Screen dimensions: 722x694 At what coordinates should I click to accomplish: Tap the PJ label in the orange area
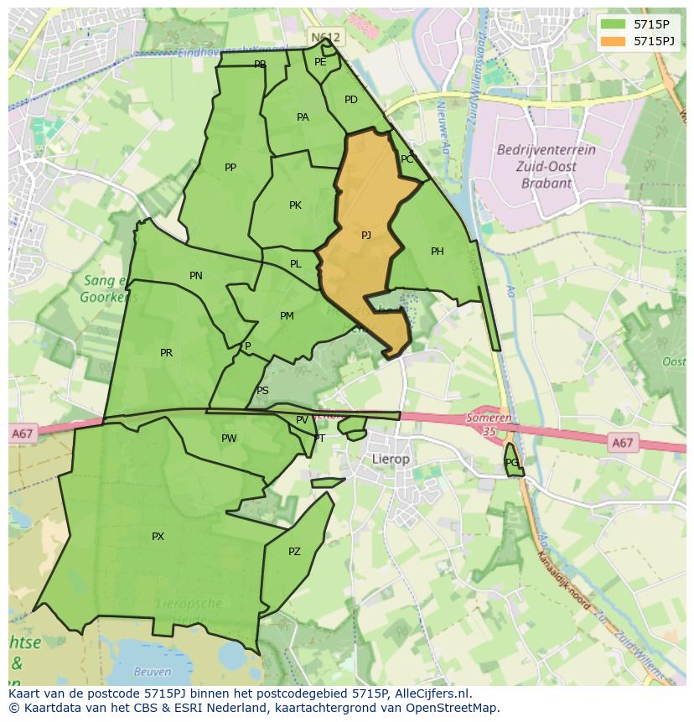tap(366, 236)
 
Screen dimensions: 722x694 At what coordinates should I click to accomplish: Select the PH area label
tap(437, 252)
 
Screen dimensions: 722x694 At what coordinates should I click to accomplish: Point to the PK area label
tap(295, 205)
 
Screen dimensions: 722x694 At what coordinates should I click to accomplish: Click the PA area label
tap(303, 117)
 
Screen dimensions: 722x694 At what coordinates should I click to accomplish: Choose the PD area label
tap(351, 100)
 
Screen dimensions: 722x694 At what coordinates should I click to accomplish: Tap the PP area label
tap(230, 168)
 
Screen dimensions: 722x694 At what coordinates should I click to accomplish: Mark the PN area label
tap(196, 276)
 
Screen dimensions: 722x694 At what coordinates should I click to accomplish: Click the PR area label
tap(166, 353)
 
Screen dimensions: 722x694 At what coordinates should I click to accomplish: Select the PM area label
tap(287, 316)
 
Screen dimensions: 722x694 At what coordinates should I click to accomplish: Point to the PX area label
tap(158, 537)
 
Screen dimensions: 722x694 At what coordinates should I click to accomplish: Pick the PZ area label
tap(294, 552)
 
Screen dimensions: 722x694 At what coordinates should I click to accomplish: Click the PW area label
tap(229, 439)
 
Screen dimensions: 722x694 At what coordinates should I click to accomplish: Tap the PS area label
tap(262, 391)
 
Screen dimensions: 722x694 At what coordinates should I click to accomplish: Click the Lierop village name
tap(391, 460)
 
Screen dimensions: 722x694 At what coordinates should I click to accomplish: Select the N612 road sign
tap(325, 38)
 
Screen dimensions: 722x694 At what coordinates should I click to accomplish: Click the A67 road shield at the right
tap(622, 443)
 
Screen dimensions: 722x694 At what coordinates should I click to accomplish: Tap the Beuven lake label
tap(153, 672)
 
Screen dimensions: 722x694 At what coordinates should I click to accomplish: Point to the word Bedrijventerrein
tap(546, 150)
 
